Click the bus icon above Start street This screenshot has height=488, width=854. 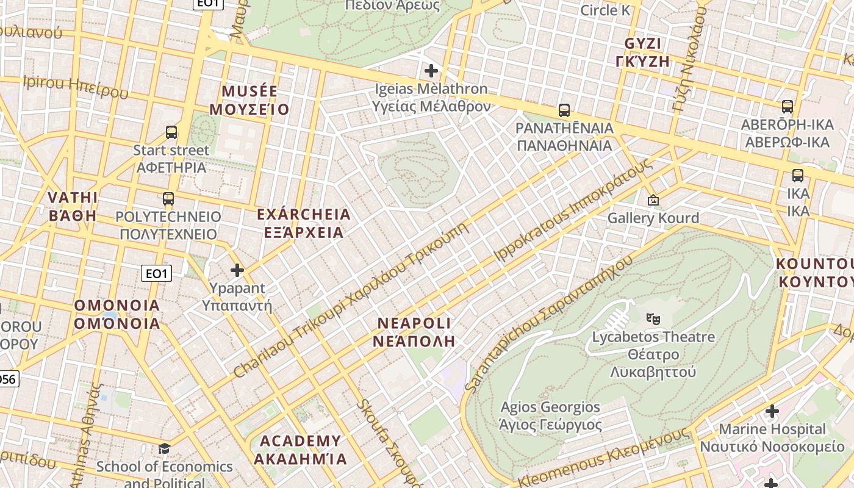(x=171, y=132)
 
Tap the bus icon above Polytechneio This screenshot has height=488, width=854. (x=168, y=199)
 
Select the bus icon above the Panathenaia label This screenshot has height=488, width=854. (x=564, y=110)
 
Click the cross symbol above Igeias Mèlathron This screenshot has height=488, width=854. (x=431, y=71)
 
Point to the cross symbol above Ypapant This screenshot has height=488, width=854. (x=237, y=270)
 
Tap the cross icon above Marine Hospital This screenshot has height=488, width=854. (x=772, y=411)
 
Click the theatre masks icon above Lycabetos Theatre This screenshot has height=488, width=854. (x=653, y=318)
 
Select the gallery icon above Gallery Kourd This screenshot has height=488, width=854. (x=653, y=200)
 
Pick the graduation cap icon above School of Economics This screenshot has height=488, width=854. (x=164, y=449)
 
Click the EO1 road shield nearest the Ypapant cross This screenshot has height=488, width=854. (x=157, y=273)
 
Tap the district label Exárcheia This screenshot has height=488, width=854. (x=304, y=223)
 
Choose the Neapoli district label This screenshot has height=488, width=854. (x=414, y=332)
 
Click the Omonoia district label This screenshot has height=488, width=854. (x=117, y=314)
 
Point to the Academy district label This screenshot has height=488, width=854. (x=301, y=450)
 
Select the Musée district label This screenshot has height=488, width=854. (x=249, y=101)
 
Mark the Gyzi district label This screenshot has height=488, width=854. (x=647, y=52)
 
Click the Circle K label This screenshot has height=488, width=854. (x=605, y=10)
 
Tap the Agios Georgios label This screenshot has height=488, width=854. (x=550, y=416)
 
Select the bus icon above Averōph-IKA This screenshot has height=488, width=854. (x=788, y=107)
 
